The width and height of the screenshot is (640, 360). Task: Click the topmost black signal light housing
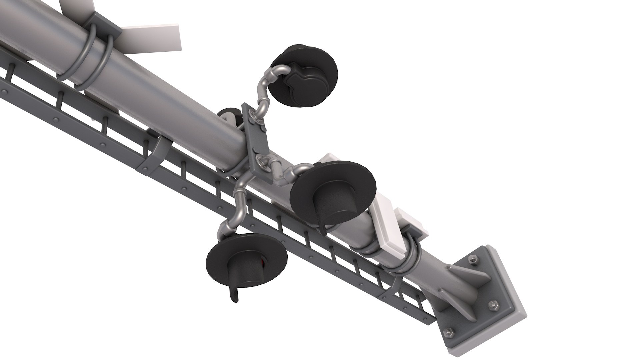pos(305,77)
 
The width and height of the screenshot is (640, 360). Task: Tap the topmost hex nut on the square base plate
pos(474,260)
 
